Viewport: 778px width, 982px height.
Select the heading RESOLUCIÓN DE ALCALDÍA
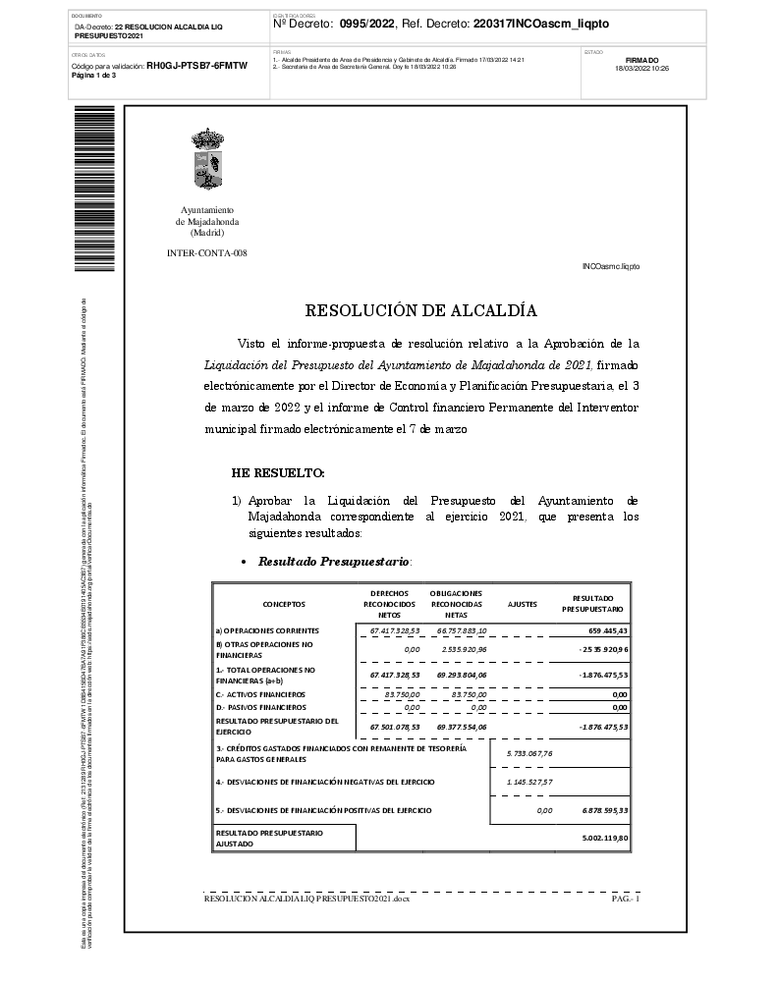pos(420,311)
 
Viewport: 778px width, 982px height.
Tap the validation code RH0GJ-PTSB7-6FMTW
pos(196,65)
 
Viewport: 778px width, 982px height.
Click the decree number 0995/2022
pos(367,24)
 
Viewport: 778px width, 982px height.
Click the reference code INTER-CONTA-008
pos(207,253)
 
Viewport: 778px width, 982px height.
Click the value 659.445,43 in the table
pos(607,630)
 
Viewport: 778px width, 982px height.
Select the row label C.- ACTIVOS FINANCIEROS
pos(260,694)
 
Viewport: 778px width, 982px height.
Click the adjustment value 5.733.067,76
pos(529,753)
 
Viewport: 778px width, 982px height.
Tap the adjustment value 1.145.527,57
pos(529,782)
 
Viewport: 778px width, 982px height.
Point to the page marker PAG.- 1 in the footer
pos(626,898)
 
